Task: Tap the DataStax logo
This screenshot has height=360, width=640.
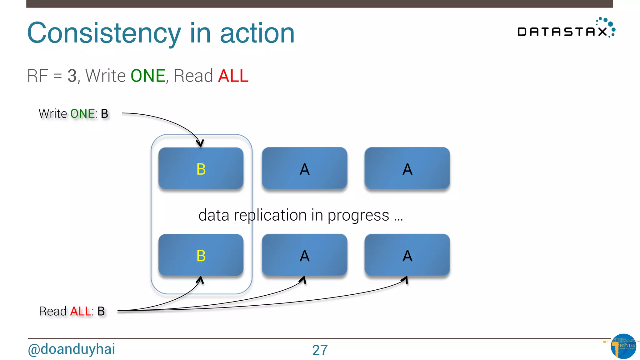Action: pos(566,29)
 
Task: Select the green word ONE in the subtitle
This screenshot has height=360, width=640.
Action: pos(148,76)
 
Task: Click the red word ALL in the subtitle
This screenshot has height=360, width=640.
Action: pos(233,76)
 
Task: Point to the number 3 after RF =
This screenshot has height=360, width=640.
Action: pos(72,76)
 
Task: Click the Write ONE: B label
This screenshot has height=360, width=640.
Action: pos(73,114)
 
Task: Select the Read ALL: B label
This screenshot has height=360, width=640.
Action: pos(72,311)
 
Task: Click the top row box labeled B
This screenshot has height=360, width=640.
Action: pos(201,168)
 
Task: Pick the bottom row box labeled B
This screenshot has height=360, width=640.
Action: pos(201,255)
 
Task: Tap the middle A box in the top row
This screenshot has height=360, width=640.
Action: pos(304,168)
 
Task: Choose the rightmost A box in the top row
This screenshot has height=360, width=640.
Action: pos(407,168)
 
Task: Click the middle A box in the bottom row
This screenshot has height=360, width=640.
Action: pos(304,255)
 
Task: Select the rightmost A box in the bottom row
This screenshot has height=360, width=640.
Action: pos(407,255)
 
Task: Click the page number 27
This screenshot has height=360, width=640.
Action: pos(320,350)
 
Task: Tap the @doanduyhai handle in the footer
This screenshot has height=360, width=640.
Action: pos(71,349)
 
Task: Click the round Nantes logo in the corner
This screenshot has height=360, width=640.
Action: pos(623,346)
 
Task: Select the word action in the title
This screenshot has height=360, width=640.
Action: pos(257,33)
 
